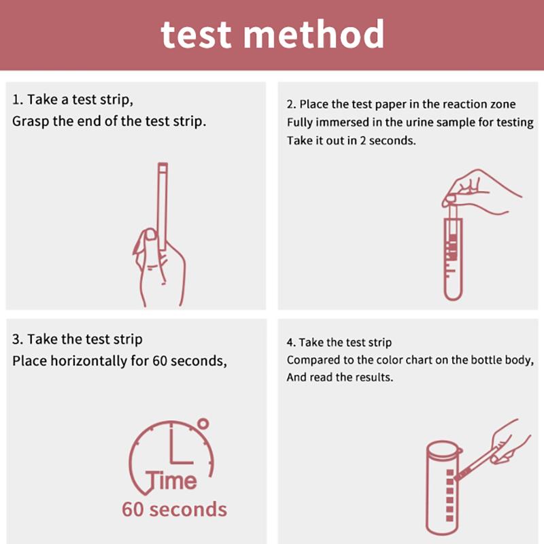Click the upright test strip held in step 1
coord(163,204)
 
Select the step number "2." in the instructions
coord(291,105)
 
